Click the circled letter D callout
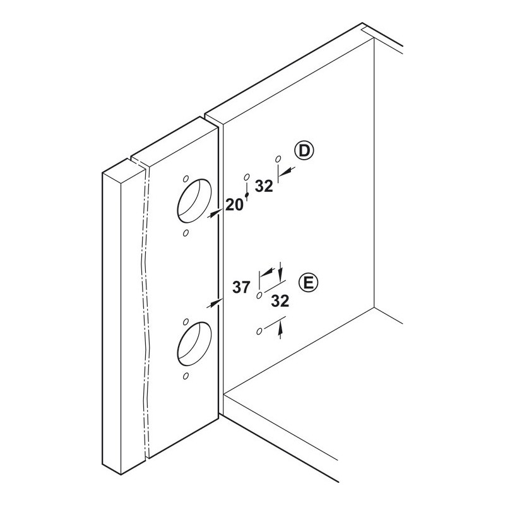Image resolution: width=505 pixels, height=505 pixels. click(304, 151)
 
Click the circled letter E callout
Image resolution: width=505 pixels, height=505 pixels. click(308, 283)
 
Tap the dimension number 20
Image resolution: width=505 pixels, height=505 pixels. click(234, 205)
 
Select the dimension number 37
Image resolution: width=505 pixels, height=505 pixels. click(242, 287)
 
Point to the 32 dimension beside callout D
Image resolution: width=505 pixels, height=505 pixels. click(264, 186)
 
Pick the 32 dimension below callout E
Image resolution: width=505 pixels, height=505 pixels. click(280, 301)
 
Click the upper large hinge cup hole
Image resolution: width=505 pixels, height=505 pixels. click(194, 201)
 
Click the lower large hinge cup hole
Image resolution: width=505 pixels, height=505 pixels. click(194, 344)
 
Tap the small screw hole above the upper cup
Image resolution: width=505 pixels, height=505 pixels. click(186, 179)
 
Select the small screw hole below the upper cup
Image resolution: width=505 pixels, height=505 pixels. click(186, 233)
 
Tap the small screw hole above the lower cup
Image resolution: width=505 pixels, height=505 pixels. click(186, 322)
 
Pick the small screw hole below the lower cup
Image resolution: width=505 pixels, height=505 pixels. click(186, 376)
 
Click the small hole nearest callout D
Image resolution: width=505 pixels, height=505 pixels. click(278, 159)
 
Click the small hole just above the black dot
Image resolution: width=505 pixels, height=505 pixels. click(247, 177)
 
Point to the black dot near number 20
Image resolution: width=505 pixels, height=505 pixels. click(247, 195)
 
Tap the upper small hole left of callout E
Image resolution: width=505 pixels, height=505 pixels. click(259, 295)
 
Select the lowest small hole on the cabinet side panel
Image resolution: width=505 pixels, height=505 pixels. click(259, 331)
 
